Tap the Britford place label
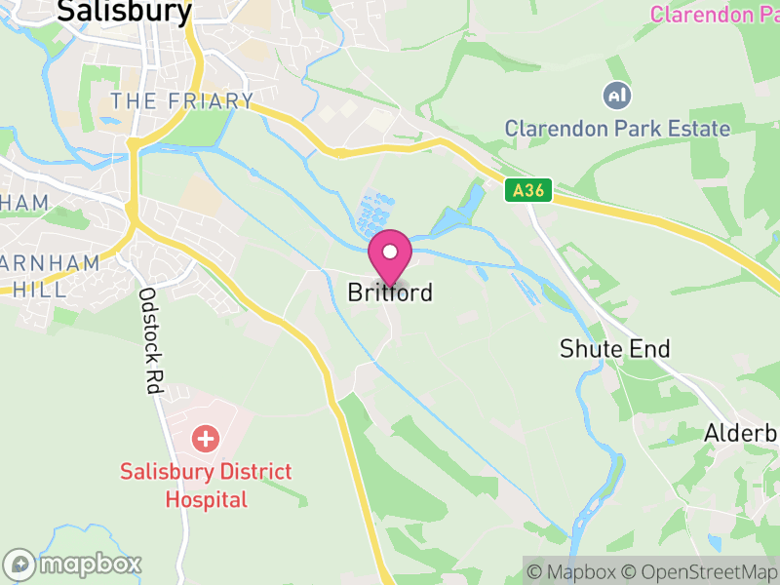pos(390,292)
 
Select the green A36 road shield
pos(528,192)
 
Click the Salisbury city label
pos(124,11)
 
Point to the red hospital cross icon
pos(206,438)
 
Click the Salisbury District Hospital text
pos(206,486)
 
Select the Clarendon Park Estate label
pos(616,128)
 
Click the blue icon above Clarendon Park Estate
pos(617,96)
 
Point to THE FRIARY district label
pos(181,101)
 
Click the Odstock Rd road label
pos(149,340)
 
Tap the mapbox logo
pos(73,564)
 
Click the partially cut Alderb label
pos(741,433)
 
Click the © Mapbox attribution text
pos(574,571)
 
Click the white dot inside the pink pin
pos(390,252)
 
